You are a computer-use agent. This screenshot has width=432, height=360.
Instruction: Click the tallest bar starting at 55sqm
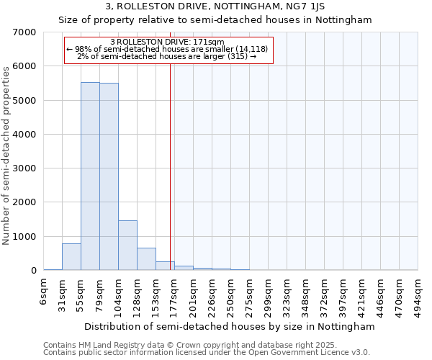tap(90, 176)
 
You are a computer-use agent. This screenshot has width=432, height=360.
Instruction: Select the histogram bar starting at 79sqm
tap(109, 176)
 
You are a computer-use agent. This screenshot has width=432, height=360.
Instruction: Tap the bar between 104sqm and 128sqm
tap(127, 246)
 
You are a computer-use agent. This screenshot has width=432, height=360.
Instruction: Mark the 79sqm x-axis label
tap(100, 296)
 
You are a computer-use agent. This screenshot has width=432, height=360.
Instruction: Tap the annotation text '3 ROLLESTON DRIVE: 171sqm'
tap(167, 42)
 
